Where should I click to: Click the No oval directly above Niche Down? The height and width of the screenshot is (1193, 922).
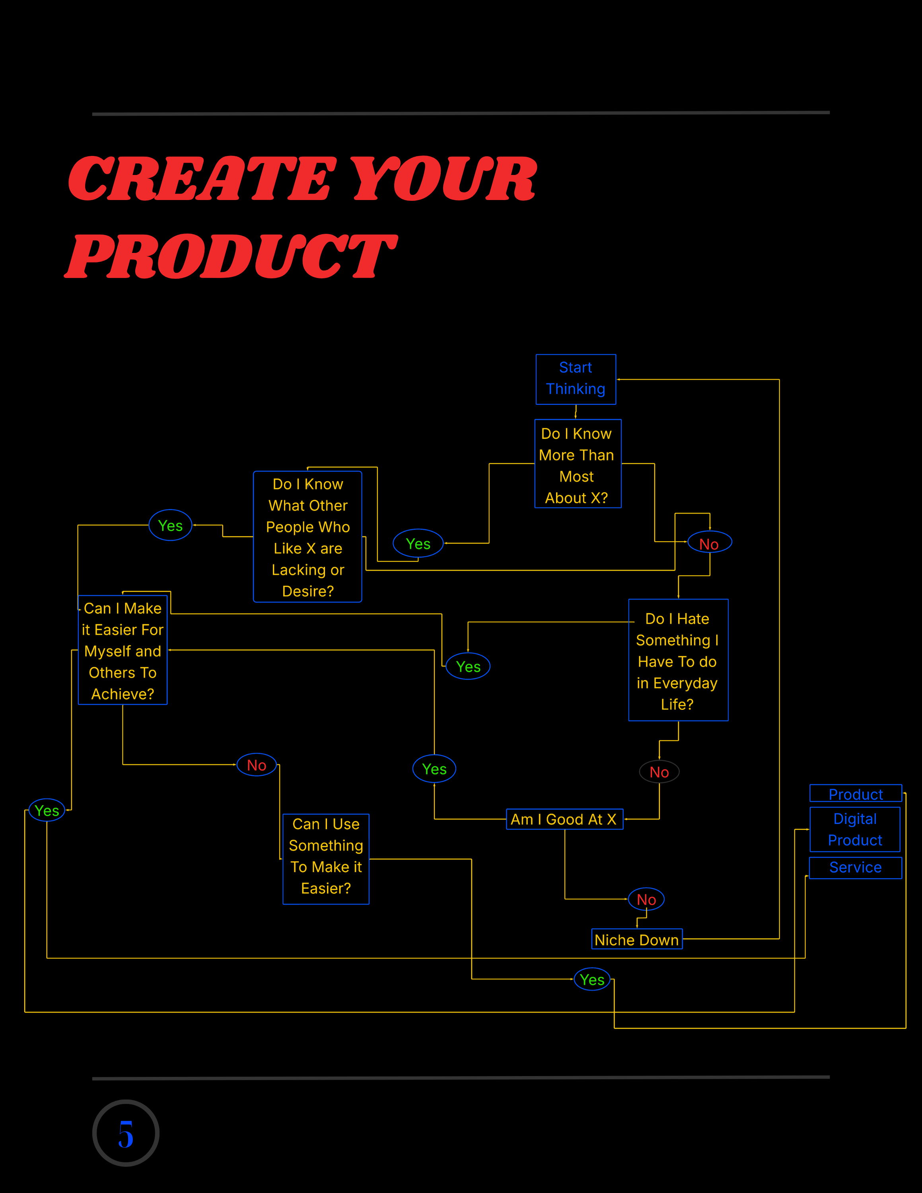point(646,899)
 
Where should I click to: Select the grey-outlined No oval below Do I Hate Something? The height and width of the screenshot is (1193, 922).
point(659,772)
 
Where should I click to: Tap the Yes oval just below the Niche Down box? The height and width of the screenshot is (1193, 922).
point(592,979)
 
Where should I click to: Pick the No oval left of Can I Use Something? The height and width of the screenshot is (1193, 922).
point(257,765)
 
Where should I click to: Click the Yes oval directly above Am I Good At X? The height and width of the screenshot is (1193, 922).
point(434,769)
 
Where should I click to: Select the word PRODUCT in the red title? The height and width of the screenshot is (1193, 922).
point(231,256)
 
